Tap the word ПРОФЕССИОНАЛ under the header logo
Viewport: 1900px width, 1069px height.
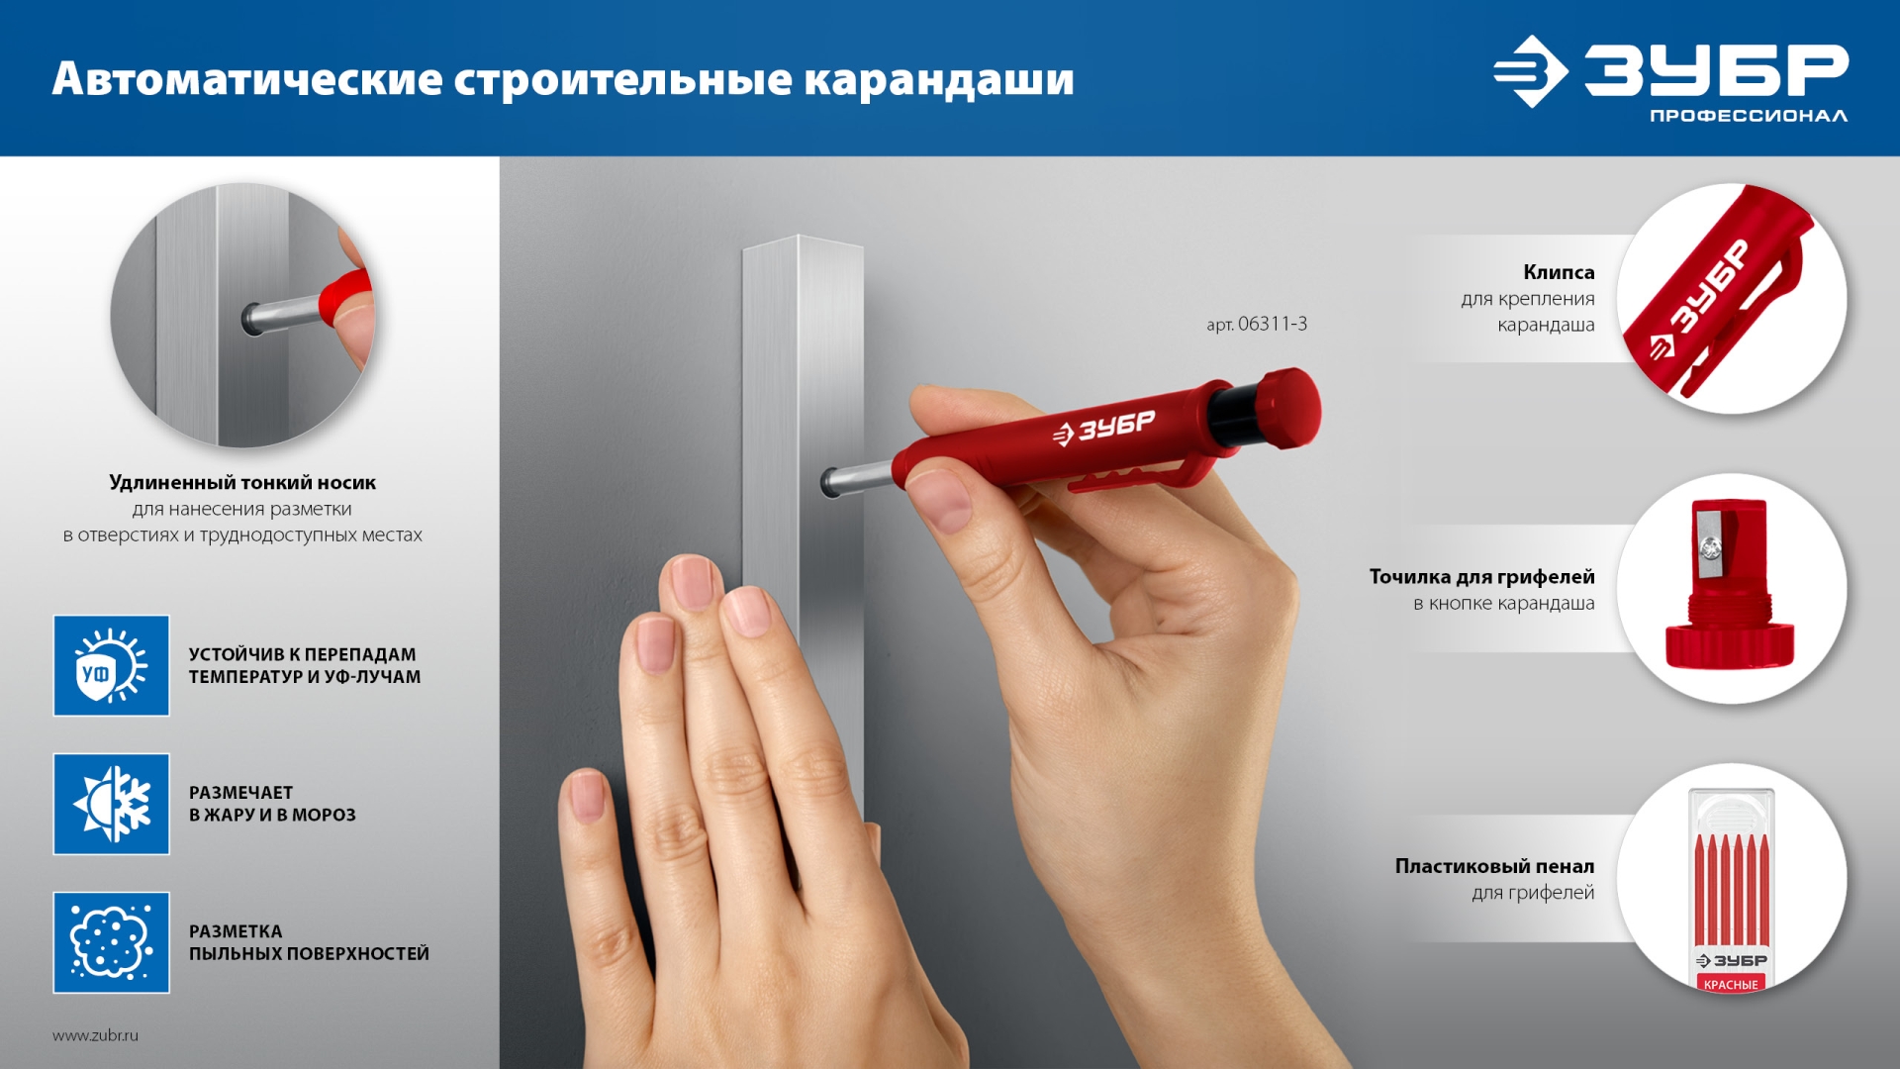pos(1748,117)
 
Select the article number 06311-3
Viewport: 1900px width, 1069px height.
pos(1272,324)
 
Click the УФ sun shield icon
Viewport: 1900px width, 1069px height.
pos(111,665)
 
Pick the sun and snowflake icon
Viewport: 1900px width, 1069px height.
pos(111,804)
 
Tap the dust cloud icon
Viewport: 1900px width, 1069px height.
pos(111,942)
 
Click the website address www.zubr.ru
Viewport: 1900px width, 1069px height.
pos(95,1035)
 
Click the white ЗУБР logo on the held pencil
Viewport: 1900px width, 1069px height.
pos(1104,428)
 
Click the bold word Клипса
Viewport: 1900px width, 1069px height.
pos(1559,272)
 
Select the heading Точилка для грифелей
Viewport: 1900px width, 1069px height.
pos(1481,576)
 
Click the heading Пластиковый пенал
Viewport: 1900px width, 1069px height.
pos(1494,866)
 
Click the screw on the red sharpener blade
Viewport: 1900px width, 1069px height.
pos(1709,545)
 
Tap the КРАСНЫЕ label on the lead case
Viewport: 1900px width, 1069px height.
pos(1731,984)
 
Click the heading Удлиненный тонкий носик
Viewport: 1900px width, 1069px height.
pos(242,482)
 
